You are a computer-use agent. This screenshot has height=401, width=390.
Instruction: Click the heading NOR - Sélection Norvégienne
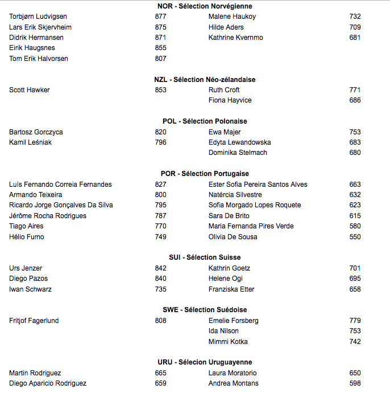(x=205, y=6)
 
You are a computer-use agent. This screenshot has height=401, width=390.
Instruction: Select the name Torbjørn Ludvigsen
(x=38, y=17)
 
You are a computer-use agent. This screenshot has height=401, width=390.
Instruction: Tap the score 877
(x=160, y=17)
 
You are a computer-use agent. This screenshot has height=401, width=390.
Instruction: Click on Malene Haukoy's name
(x=232, y=17)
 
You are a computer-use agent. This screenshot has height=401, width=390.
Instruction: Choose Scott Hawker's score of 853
(x=160, y=90)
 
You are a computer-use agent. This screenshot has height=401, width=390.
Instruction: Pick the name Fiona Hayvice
(x=230, y=100)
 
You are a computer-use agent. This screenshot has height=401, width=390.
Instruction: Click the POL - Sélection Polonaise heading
(x=205, y=121)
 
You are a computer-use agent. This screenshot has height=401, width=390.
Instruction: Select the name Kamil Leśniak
(x=30, y=142)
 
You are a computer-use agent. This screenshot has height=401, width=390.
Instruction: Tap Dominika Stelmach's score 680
(x=355, y=153)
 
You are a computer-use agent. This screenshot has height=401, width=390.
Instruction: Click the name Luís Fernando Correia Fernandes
(x=60, y=185)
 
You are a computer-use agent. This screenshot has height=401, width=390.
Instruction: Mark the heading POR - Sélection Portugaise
(x=205, y=174)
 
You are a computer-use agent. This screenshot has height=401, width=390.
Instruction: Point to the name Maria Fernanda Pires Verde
(x=251, y=226)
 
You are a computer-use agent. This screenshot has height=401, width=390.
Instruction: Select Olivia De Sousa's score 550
(x=355, y=237)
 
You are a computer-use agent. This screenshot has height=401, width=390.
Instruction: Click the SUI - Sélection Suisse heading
(x=205, y=257)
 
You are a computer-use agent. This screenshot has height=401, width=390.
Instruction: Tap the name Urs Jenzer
(x=26, y=268)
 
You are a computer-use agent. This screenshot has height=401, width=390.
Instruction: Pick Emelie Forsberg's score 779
(x=355, y=321)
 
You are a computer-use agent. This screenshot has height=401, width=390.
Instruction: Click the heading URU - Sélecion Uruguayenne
(x=205, y=362)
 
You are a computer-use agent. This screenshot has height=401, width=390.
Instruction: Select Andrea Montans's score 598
(x=355, y=383)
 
